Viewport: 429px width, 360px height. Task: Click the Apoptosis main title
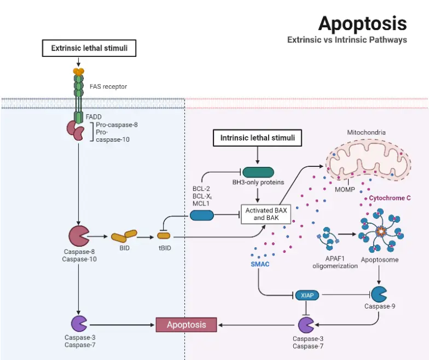362,23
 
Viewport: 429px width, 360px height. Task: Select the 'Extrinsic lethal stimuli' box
89,49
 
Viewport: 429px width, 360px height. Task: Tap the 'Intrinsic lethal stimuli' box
257,137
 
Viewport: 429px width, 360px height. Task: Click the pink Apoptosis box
186,324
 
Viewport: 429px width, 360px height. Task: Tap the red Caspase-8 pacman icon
78,237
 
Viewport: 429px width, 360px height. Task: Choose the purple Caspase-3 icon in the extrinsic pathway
79,324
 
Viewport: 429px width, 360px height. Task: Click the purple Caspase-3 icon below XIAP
306,324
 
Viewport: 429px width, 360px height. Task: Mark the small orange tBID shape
164,237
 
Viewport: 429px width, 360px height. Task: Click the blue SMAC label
260,263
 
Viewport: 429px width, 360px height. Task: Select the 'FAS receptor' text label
108,87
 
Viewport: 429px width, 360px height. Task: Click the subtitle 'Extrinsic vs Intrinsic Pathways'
347,40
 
